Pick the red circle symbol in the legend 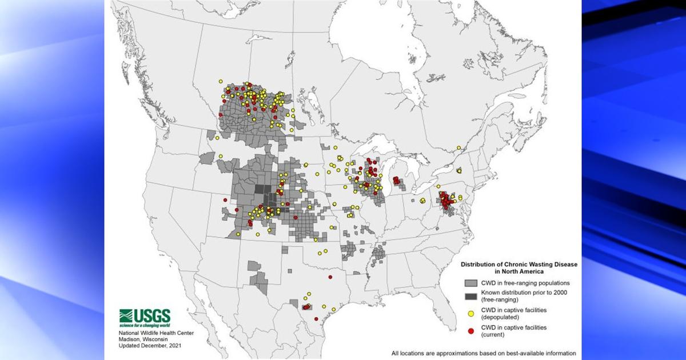coord(470,331)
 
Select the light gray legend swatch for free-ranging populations coord(470,283)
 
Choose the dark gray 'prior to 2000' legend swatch coord(470,295)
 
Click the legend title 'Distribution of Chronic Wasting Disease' coord(519,265)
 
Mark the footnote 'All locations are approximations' coord(483,353)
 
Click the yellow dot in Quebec coord(458,148)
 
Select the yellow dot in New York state coord(459,170)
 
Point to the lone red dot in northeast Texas coord(330,277)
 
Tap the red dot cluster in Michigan coord(396,181)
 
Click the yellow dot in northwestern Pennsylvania coord(422,200)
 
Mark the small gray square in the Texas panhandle coord(285,249)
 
